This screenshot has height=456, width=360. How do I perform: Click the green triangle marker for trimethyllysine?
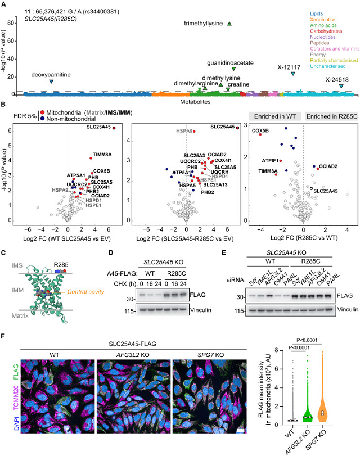229,23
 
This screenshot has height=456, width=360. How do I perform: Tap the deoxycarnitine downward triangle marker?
52,82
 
